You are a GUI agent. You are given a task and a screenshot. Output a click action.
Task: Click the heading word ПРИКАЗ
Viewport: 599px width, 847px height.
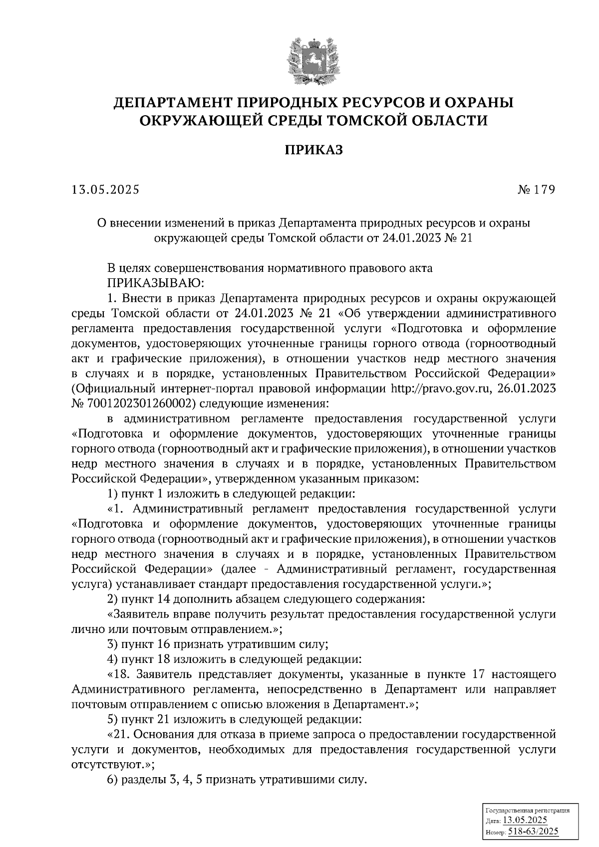tap(314, 150)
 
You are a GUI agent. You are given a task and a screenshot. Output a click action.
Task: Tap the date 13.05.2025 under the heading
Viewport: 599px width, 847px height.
tap(106, 190)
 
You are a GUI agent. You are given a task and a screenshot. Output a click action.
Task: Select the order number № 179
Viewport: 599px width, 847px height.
tap(537, 190)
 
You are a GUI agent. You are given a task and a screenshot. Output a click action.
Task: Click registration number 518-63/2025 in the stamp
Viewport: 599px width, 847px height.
tap(533, 832)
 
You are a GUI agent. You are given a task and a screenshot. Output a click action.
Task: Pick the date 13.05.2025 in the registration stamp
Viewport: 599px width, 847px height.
tap(525, 821)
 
